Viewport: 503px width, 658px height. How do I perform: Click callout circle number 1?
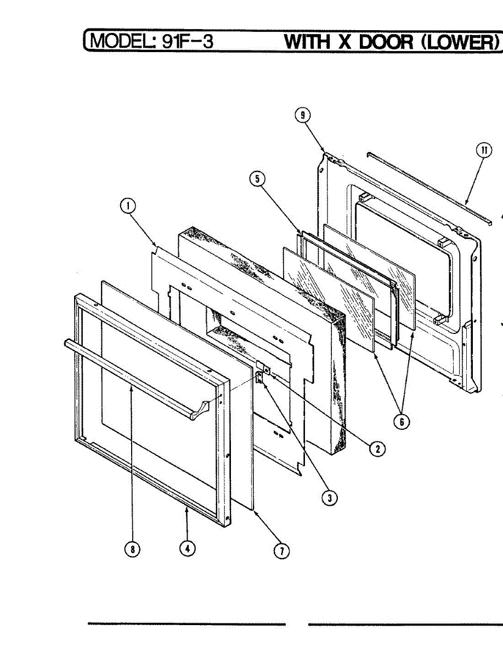click(127, 207)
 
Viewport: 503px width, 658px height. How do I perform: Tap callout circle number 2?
click(377, 449)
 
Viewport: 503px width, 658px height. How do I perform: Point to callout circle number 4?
click(188, 548)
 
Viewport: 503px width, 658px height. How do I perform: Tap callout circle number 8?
click(132, 548)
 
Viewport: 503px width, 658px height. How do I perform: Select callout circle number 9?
click(302, 115)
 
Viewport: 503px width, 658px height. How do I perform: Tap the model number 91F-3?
click(186, 41)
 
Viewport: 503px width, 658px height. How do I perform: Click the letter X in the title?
click(344, 42)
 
